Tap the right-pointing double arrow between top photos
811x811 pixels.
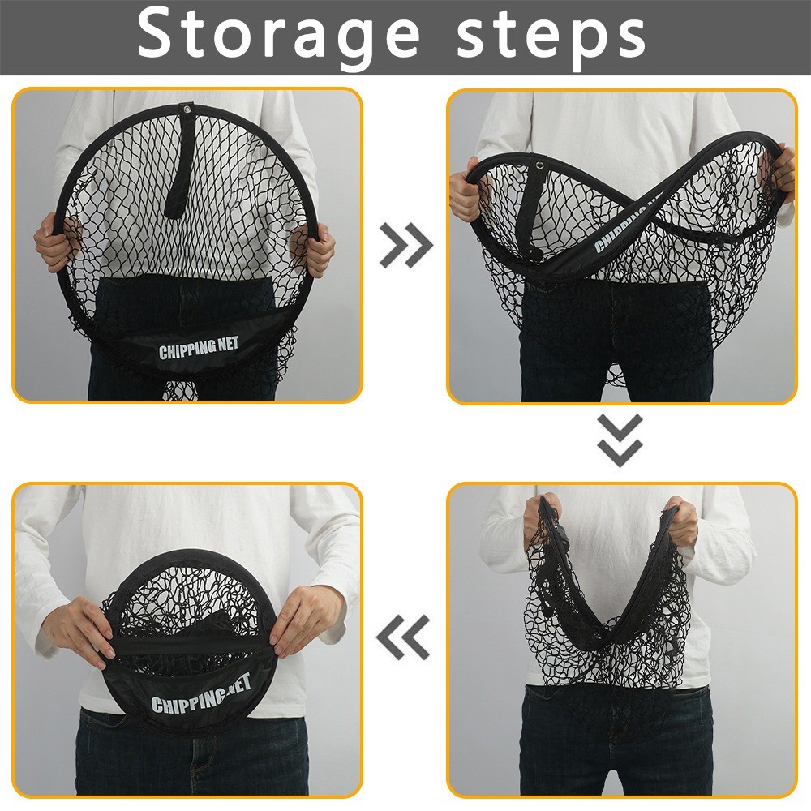click(406, 245)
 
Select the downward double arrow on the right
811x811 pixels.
click(620, 440)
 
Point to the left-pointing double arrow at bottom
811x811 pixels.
click(403, 637)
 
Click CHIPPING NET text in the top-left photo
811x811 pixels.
click(199, 348)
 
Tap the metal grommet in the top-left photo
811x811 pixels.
click(186, 109)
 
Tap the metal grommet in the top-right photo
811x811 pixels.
click(540, 165)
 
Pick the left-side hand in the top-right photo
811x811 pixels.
click(466, 192)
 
